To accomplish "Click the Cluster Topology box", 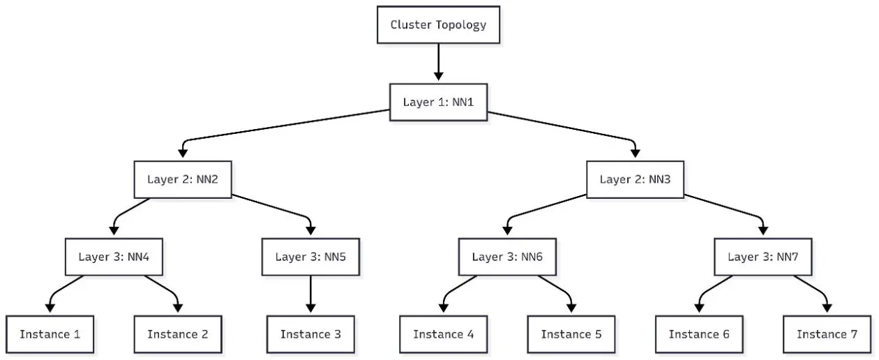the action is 438,24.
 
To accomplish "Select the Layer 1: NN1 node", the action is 438,102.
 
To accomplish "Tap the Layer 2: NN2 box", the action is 183,179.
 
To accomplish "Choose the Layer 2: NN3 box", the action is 636,179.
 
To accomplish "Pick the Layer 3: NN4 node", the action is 114,257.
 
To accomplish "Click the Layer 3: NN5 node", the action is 311,257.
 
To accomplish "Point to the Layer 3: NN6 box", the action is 507,257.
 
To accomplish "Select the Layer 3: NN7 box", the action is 763,257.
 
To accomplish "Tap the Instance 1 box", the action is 50,334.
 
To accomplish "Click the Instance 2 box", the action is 178,334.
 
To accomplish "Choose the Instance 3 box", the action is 311,334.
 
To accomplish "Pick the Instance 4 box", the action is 444,334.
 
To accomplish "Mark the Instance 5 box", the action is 571,334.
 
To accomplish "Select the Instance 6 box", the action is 699,334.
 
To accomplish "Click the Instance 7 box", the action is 827,334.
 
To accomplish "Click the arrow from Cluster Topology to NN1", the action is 438,62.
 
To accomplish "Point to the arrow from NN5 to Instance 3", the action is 311,294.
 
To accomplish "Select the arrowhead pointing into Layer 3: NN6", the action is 507,231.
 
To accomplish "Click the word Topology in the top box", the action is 461,25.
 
